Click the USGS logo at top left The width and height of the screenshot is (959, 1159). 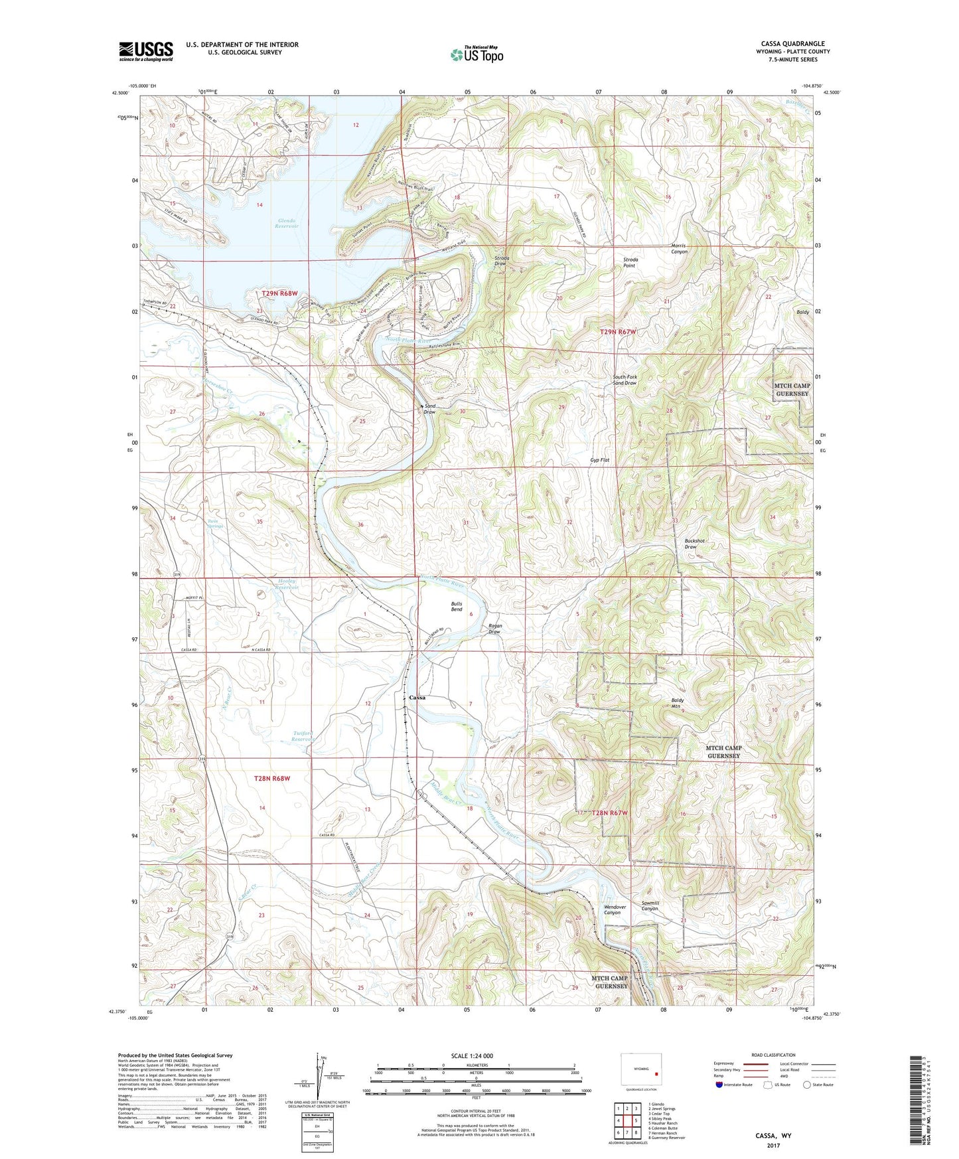point(146,51)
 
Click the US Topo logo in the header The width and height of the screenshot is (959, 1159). point(477,54)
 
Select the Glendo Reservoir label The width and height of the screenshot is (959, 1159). point(287,223)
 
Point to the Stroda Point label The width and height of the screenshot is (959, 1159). point(630,262)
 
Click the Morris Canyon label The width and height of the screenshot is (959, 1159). point(678,248)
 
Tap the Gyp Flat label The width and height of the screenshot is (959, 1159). point(599,460)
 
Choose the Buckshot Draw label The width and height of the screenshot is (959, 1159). point(694,544)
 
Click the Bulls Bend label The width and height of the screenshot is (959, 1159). point(457,607)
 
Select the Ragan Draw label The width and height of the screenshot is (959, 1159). point(494,629)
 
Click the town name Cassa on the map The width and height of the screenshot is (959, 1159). point(417,698)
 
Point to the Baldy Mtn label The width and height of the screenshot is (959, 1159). point(677,703)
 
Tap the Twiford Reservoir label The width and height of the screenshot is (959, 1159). point(306,736)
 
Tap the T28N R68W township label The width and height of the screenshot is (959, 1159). point(272,778)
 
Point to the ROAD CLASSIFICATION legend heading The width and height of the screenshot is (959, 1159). point(773,1055)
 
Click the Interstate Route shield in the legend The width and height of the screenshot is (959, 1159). point(720,1085)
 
